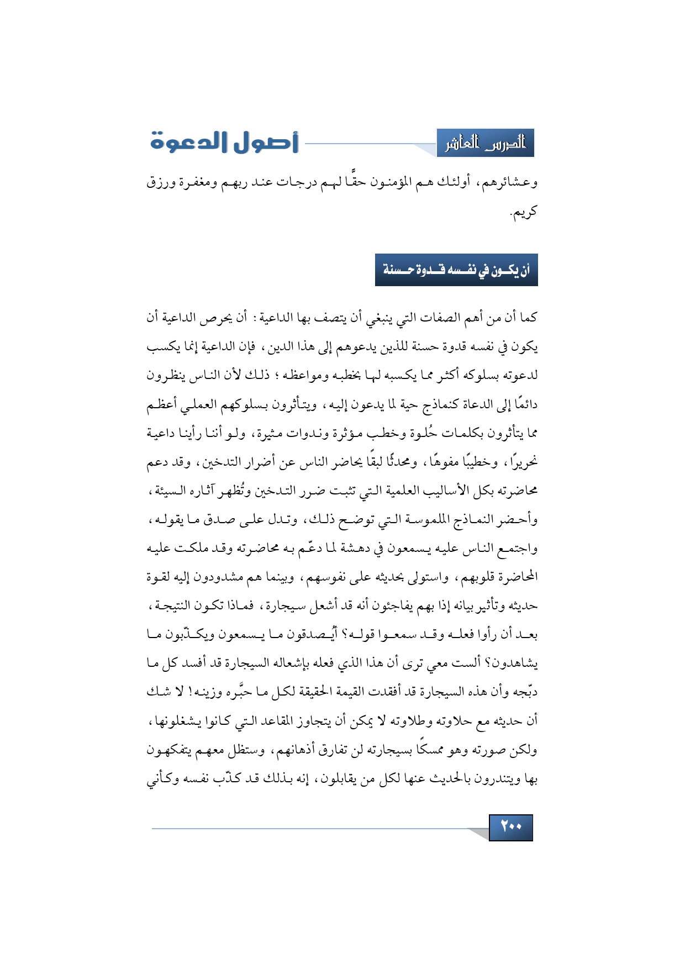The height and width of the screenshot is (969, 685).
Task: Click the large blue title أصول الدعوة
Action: point(224,142)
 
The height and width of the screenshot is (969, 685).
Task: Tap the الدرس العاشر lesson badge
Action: point(485,144)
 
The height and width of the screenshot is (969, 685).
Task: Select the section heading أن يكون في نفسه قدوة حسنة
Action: point(456,270)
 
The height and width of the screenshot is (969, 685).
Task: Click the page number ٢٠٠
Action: point(511,827)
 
